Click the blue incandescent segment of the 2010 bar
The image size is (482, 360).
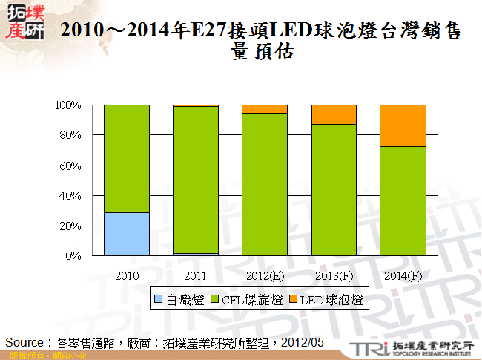coord(126,234)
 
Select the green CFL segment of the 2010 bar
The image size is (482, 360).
coord(126,158)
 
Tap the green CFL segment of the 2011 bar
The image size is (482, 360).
coord(196,180)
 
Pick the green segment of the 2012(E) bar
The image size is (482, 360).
coord(265,184)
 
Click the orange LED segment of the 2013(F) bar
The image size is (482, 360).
coord(334,114)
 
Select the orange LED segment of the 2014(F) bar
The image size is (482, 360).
coord(403,125)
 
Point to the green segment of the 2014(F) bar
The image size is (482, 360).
coord(403,200)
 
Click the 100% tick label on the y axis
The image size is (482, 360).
coord(68,105)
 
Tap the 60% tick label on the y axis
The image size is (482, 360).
coord(70,166)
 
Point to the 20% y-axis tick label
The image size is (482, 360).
coord(70,226)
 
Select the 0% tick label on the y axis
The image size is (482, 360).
coord(73,256)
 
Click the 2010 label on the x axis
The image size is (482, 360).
coord(126,275)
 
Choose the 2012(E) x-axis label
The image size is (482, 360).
coord(265,275)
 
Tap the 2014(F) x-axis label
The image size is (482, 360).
coord(403,275)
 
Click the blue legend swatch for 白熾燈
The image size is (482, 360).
coord(159,299)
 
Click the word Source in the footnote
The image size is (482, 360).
coord(25,342)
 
